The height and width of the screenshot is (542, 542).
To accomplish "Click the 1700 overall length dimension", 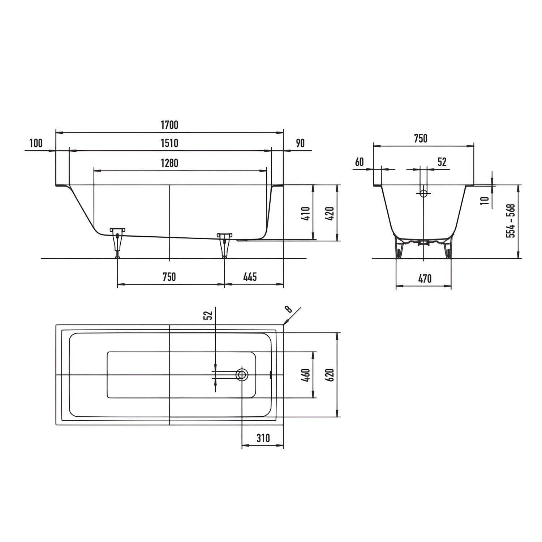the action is pos(169,125).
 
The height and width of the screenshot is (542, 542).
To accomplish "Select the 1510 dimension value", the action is pos(169,143).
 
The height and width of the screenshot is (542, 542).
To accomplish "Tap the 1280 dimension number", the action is pos(169,163).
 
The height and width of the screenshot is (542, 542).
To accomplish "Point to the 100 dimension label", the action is pos(36,143).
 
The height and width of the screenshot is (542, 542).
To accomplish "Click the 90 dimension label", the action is pos(300,143).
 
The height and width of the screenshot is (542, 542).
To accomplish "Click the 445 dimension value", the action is pos(250,277).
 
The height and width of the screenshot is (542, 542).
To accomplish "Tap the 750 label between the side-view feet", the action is pos(169,277).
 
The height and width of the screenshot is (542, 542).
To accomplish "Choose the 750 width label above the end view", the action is pos(421,138).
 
